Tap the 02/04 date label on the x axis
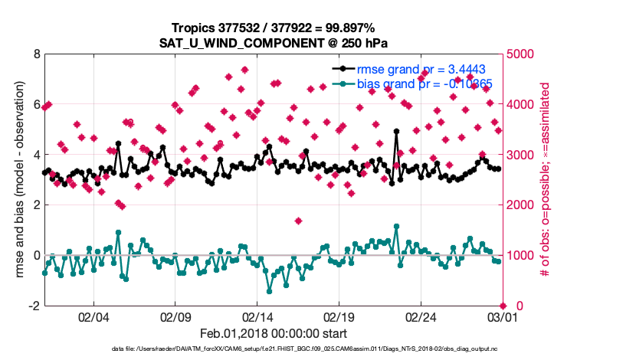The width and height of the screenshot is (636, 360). coord(93,317)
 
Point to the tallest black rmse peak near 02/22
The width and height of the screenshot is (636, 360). coord(396,131)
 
